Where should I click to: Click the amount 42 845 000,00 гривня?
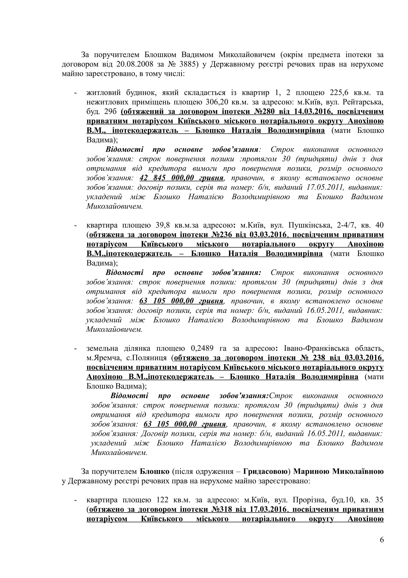(x=181, y=178)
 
